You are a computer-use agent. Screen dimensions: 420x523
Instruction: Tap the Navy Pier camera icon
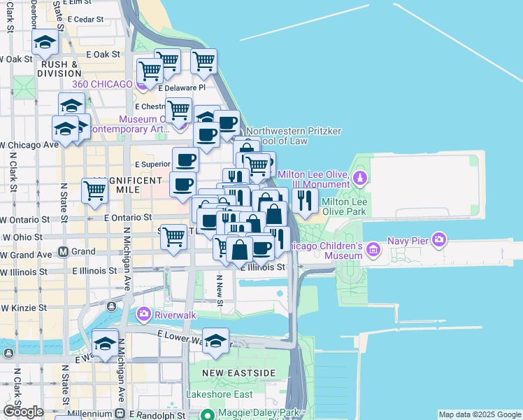pos(439,241)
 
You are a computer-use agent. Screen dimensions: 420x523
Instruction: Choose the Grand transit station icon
pos(63,251)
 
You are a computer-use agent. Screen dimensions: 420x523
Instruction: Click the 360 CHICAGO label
pos(102,84)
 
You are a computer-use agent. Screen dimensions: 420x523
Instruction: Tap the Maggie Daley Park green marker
pos(207,414)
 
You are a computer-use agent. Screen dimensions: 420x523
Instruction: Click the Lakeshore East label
pos(217,394)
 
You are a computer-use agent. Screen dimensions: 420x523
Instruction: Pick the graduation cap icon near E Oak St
pos(45,43)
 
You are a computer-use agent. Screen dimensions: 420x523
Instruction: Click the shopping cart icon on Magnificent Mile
pos(94,190)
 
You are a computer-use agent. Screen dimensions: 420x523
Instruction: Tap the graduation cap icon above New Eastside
pos(216,340)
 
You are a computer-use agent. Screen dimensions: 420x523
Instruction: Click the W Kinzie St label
pos(23,307)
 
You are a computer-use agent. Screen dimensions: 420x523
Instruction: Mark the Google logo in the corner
pos(23,412)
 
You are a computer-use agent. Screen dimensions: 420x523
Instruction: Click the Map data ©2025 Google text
pos(480,414)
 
